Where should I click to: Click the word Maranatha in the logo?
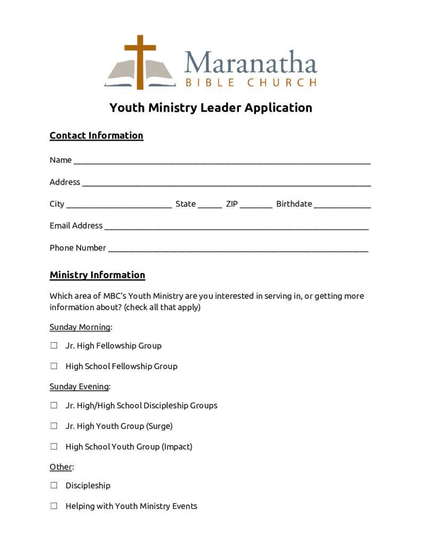[250, 62]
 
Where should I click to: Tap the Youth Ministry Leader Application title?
[211, 108]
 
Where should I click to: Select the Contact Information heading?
[96, 136]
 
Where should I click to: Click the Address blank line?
[226, 183]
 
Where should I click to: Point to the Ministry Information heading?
[97, 275]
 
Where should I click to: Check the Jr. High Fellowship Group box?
[54, 346]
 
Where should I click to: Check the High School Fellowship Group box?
[54, 366]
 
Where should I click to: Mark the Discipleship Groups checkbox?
[54, 405]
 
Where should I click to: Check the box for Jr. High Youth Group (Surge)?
[54, 426]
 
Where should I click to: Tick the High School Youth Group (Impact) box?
[54, 446]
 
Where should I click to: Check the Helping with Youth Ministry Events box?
[54, 506]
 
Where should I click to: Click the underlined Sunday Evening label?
[79, 386]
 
